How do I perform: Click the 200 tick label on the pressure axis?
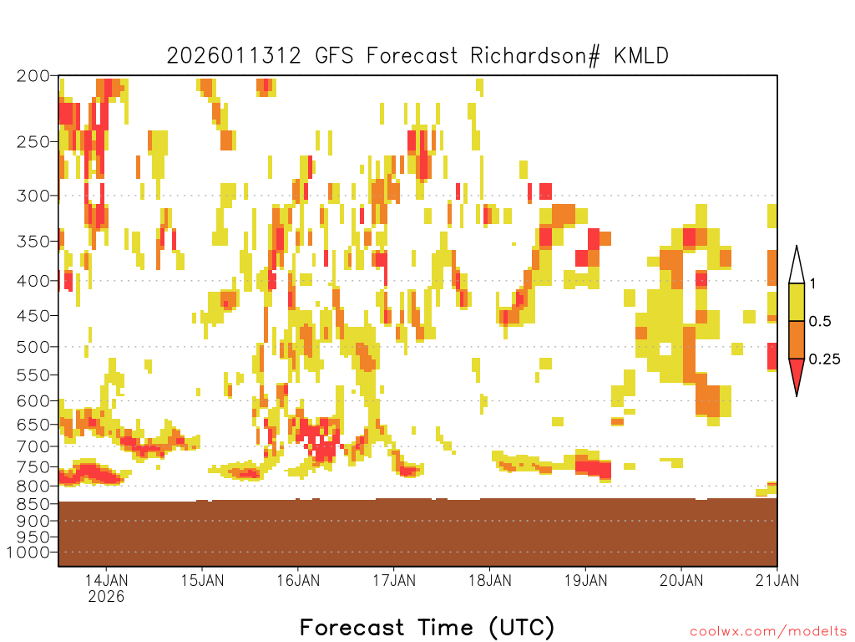tap(33, 76)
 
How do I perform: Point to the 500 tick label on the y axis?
tap(33, 347)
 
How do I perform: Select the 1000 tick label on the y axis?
tap(28, 553)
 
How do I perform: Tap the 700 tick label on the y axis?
tap(33, 446)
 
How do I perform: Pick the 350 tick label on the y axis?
tap(33, 242)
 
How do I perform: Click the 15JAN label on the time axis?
tap(202, 580)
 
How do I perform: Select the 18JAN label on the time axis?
tap(489, 580)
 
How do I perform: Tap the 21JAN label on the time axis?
tap(777, 580)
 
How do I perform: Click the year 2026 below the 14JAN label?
tap(106, 596)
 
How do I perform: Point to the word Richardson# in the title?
tap(535, 56)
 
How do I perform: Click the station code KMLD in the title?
tap(641, 56)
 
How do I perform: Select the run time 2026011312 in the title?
tap(234, 56)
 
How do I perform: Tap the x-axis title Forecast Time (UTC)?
tap(427, 628)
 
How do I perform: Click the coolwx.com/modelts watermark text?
tap(769, 632)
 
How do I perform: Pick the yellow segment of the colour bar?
tap(797, 302)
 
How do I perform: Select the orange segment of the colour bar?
tap(797, 339)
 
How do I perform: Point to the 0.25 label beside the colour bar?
tap(824, 359)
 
